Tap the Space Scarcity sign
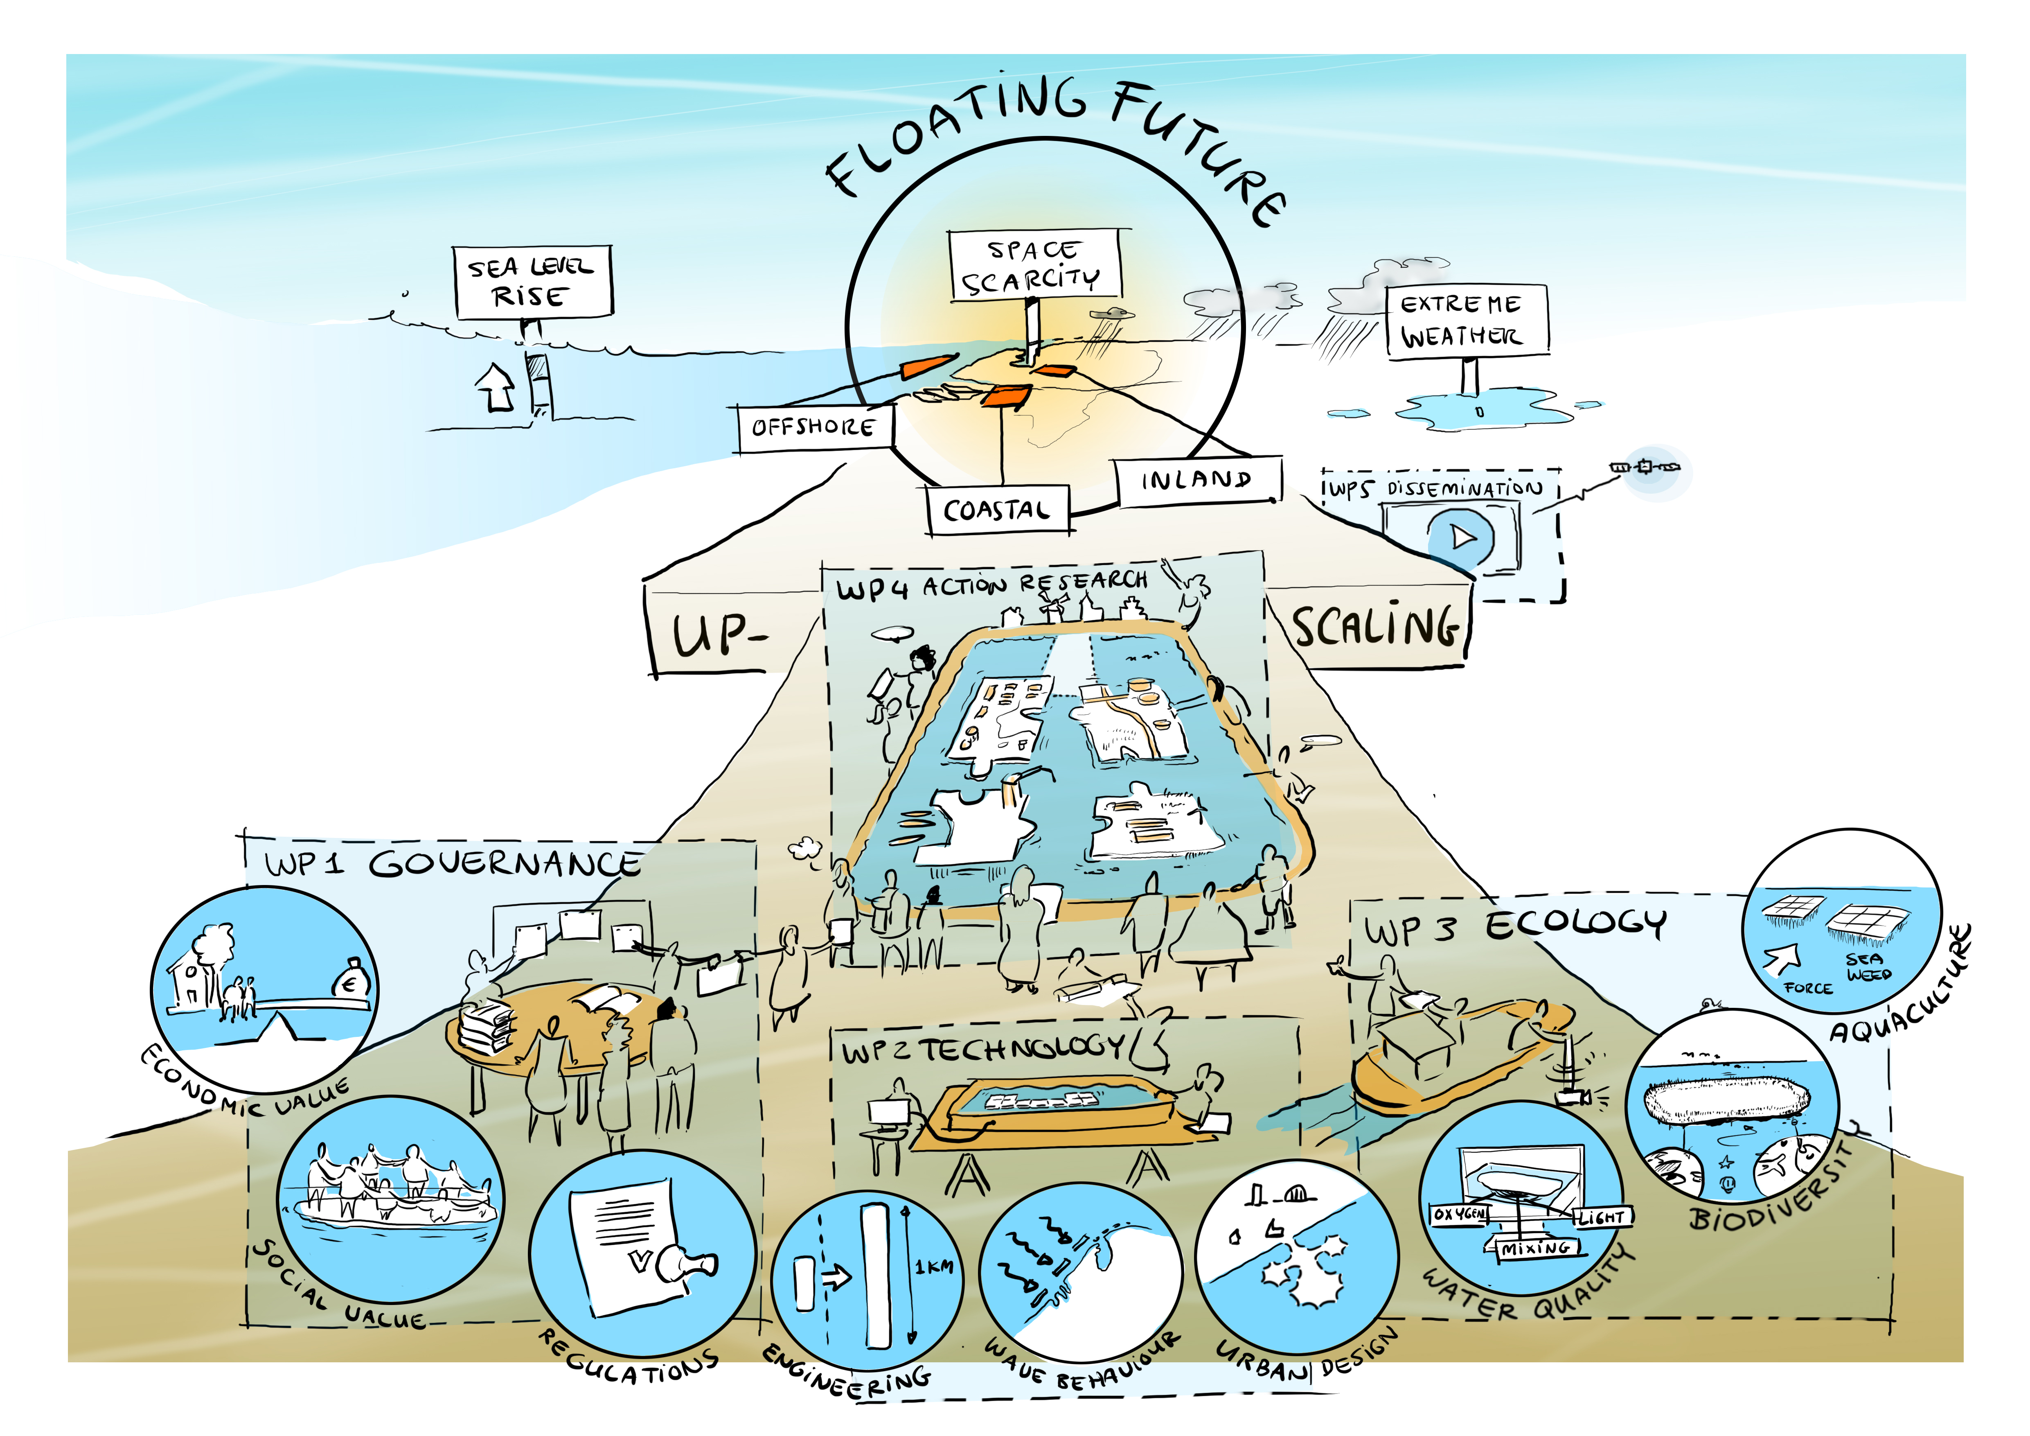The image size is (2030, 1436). [1034, 265]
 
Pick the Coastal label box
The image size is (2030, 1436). [997, 510]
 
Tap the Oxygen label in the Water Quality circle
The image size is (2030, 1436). [1459, 1214]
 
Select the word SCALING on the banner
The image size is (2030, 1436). [1375, 627]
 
